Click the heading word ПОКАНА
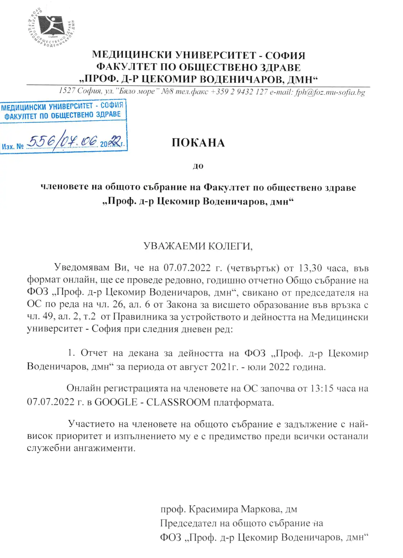(198, 143)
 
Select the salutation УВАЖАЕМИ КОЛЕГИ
(198, 246)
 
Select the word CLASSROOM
(178, 402)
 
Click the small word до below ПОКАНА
(198, 166)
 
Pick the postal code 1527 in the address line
(67, 91)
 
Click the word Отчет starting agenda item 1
(94, 353)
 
